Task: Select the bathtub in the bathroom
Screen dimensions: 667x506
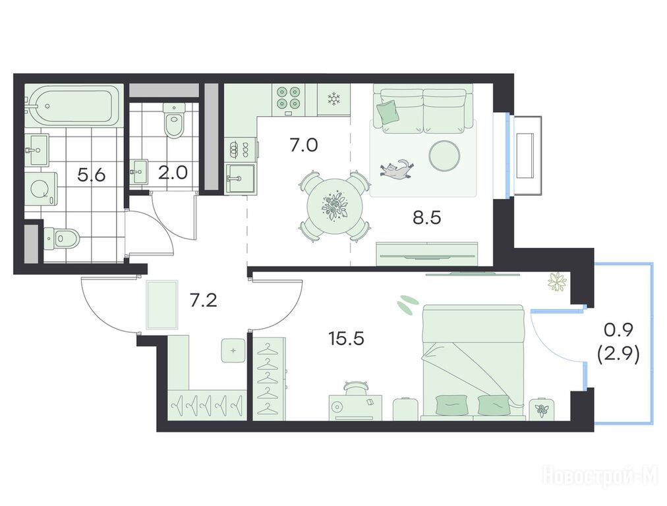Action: click(x=74, y=105)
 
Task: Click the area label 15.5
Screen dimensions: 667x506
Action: click(x=346, y=339)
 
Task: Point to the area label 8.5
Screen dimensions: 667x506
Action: click(x=426, y=217)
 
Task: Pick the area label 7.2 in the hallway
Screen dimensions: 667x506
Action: click(x=203, y=300)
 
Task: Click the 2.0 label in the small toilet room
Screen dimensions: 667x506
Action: click(x=173, y=173)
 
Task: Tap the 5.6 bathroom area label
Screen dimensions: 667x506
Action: click(x=92, y=175)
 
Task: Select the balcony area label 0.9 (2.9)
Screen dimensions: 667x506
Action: click(x=618, y=343)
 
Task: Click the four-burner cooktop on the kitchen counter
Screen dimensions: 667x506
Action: click(x=289, y=98)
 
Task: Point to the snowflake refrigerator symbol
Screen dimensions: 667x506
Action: click(x=334, y=99)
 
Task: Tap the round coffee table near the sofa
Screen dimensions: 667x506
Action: click(x=444, y=156)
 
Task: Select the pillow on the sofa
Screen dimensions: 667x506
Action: click(x=388, y=112)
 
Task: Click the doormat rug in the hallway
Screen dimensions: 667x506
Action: click(x=161, y=305)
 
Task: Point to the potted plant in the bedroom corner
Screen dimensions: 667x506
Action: click(x=557, y=281)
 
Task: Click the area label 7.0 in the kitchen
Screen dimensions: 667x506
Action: click(x=304, y=146)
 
